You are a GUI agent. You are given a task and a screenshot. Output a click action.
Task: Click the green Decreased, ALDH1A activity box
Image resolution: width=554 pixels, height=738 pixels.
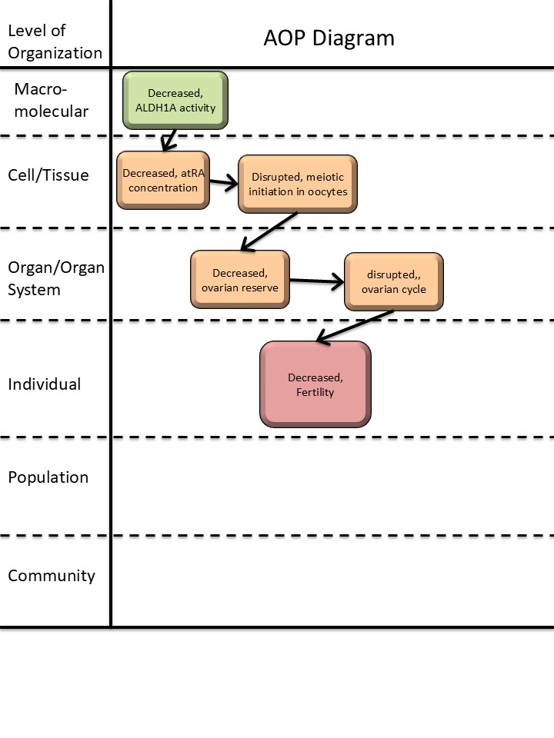tap(175, 100)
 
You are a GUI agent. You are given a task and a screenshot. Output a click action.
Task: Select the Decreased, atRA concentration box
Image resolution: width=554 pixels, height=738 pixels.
tap(162, 180)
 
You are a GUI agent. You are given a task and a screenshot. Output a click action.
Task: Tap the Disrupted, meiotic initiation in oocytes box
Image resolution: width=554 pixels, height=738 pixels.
tap(298, 184)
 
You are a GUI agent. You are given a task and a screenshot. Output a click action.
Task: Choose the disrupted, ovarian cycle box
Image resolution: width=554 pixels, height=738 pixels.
tap(393, 281)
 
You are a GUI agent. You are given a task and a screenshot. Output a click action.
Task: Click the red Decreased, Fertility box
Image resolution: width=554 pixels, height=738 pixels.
tap(315, 384)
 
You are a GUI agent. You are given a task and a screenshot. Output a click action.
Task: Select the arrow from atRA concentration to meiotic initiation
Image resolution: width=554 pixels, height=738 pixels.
tap(223, 183)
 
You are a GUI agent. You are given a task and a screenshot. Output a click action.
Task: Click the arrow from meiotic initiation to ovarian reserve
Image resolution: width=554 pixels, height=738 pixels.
tap(269, 231)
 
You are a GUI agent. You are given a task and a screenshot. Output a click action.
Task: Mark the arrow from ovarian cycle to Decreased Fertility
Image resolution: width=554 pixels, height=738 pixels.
tap(355, 325)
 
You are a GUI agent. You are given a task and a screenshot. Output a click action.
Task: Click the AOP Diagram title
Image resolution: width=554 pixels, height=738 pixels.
tap(329, 38)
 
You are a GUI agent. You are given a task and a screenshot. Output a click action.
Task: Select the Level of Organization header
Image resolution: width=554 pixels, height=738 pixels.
tap(54, 42)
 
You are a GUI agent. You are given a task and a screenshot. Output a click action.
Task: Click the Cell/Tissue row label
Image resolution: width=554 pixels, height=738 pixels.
tap(48, 175)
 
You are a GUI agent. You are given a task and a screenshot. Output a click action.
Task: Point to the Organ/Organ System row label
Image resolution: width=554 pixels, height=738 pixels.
tap(55, 278)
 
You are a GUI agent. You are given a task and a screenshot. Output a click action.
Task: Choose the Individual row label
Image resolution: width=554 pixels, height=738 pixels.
tap(44, 384)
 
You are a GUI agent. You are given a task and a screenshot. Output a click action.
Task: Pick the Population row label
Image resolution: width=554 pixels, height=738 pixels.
tap(48, 477)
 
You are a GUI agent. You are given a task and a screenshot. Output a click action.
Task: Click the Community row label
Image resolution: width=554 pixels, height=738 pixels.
tap(51, 575)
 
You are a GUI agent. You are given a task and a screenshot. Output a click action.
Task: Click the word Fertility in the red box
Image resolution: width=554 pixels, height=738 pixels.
tap(315, 392)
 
